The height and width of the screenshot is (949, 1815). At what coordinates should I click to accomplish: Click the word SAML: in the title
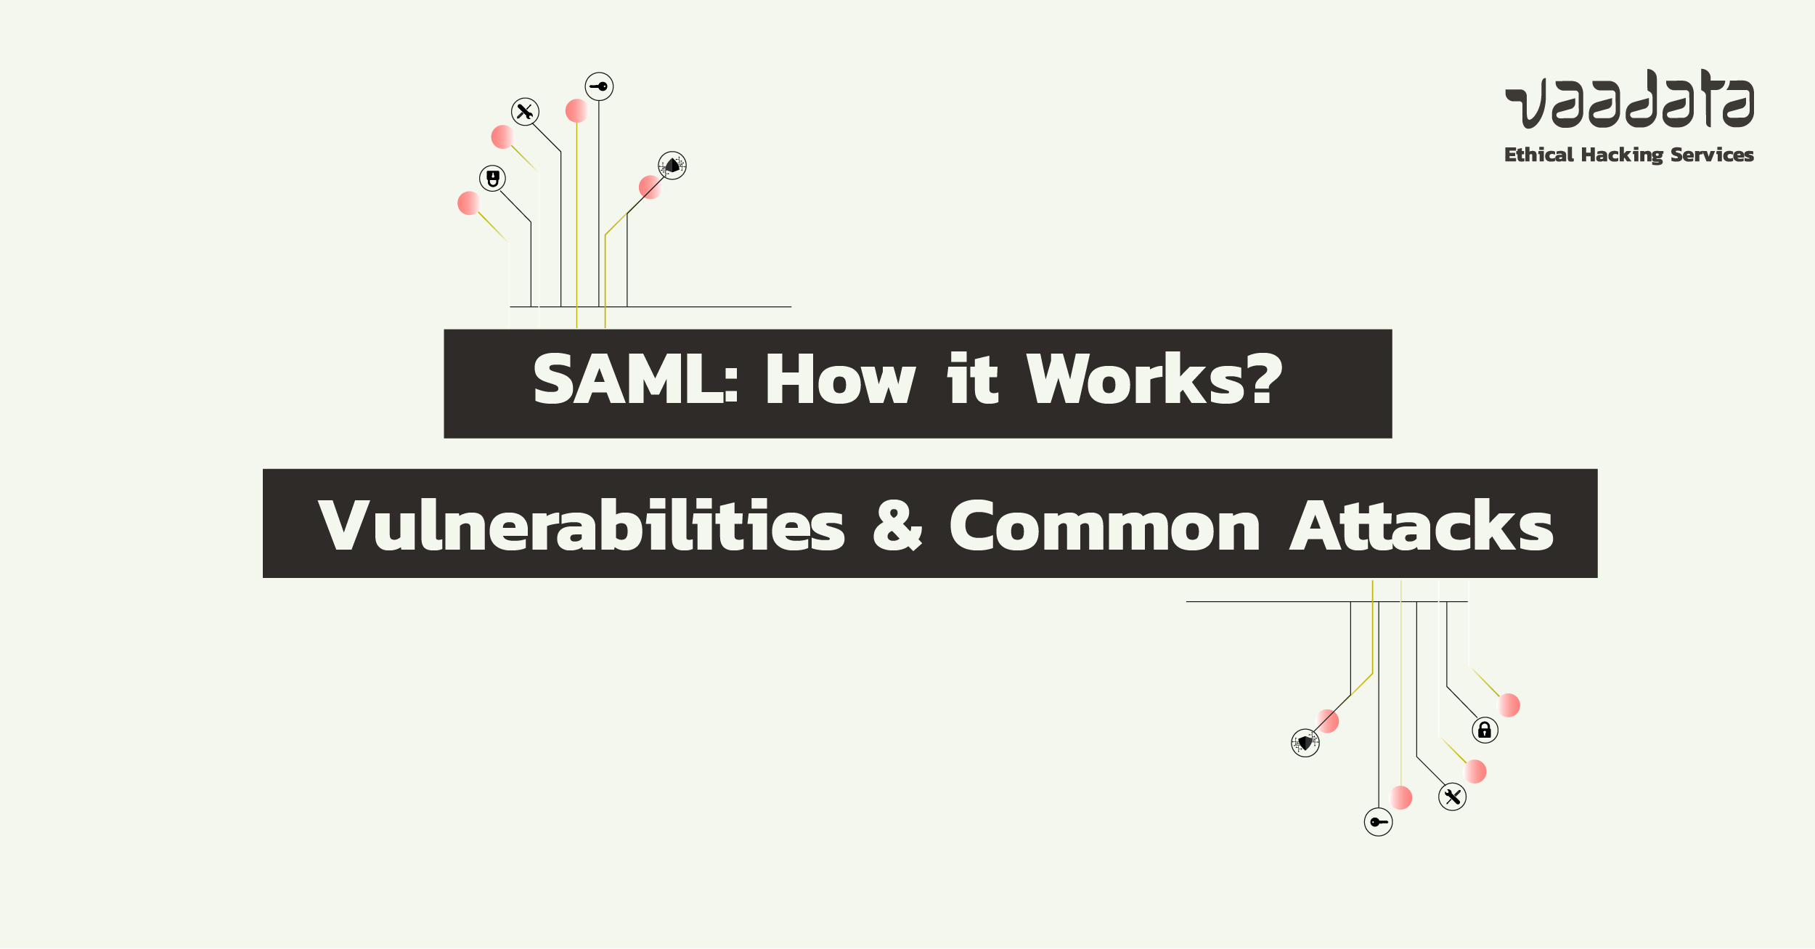point(636,378)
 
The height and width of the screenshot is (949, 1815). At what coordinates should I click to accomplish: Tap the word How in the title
point(840,378)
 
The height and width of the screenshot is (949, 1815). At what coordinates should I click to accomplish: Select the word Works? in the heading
point(1154,378)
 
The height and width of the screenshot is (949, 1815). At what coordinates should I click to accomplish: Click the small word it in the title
point(973,378)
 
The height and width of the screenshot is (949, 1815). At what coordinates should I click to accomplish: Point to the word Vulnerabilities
point(582,525)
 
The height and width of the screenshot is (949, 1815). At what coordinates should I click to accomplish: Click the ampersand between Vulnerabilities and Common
point(897,525)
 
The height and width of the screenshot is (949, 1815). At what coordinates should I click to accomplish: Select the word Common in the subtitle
point(1105,526)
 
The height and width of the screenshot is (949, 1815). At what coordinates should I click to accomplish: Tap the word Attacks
point(1422,525)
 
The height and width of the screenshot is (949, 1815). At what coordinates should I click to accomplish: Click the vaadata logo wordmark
point(1630,99)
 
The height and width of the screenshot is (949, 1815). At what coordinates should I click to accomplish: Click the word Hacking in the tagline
point(1622,155)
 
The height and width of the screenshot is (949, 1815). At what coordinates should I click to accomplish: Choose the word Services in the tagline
point(1712,155)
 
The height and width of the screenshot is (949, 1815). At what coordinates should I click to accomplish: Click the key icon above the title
point(599,86)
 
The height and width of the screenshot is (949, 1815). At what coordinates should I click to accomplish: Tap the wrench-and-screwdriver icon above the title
point(525,112)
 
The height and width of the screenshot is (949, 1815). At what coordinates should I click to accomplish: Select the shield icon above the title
point(672,166)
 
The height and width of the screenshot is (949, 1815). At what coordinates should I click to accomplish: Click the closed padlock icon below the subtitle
point(1485,730)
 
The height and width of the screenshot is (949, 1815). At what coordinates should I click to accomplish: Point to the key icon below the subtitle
point(1378,822)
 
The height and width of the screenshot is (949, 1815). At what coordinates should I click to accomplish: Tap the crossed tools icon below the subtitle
point(1452,797)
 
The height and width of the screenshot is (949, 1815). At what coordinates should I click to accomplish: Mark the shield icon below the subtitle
point(1305,743)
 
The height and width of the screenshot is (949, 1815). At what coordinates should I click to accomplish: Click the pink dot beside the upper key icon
point(576,111)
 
